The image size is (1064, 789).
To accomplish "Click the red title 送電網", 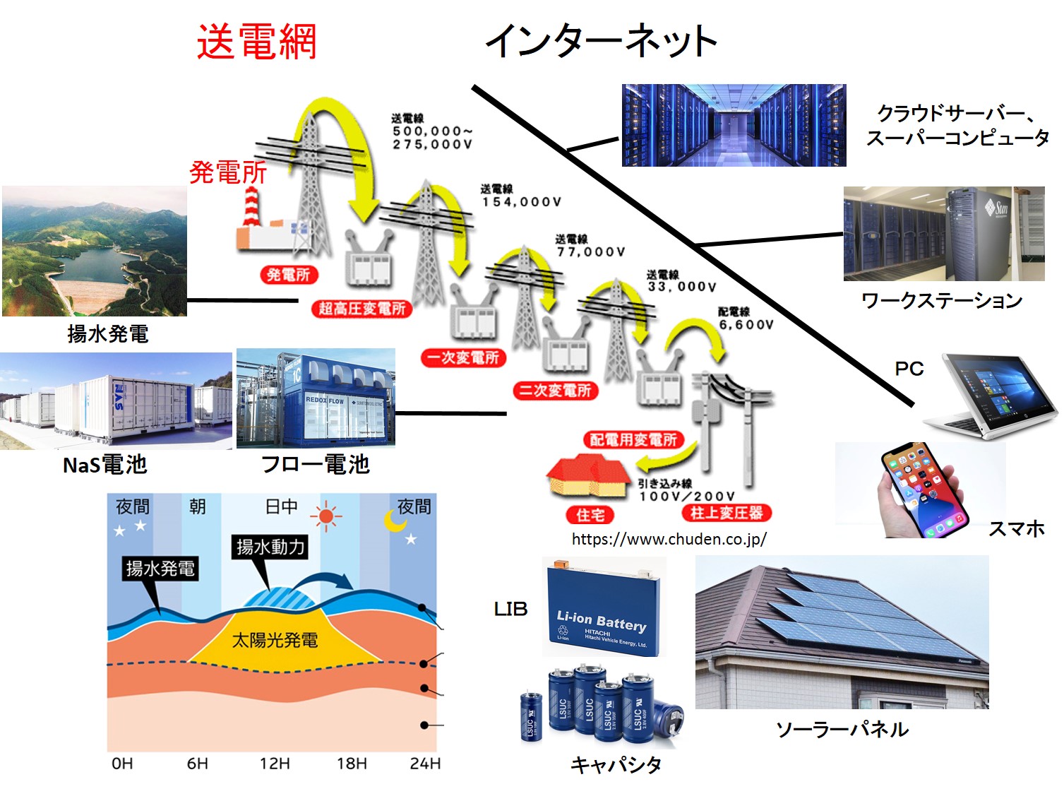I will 256,42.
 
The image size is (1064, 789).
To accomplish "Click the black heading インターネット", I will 601,41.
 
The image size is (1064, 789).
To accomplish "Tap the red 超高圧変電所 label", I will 361,309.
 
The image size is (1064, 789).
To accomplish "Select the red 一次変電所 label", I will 462,357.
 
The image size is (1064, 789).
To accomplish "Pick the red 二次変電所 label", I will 555,391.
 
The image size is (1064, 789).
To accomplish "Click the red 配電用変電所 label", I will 633,440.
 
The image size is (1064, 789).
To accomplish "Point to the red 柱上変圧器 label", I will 727,513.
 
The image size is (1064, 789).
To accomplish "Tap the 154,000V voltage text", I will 522,202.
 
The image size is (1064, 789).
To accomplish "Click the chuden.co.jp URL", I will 669,540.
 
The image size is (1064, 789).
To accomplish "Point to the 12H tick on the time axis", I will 275,764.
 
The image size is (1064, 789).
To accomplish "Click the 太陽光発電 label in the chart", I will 275,640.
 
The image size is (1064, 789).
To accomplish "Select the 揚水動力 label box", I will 270,546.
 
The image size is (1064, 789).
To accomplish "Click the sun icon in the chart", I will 325,516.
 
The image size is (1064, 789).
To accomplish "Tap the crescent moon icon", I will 394,521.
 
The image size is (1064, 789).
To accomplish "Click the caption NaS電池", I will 104,465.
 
